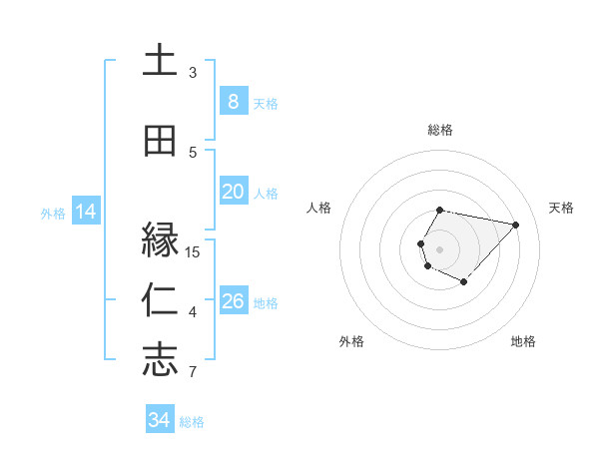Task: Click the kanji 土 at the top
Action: click(160, 60)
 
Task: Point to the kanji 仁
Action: click(160, 300)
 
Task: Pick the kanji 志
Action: click(160, 360)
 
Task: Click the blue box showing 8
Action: click(233, 102)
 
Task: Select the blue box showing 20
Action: click(233, 192)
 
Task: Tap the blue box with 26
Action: click(233, 301)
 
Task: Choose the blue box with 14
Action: click(85, 212)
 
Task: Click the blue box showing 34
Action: click(159, 420)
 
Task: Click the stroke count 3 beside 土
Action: click(193, 73)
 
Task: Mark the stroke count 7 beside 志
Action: click(193, 373)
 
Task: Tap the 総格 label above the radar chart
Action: click(440, 130)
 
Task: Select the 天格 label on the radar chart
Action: click(561, 208)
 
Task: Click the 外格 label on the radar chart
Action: click(351, 341)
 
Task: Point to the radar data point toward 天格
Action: click(515, 225)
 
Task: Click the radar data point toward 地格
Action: click(464, 282)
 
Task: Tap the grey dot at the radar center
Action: click(439, 248)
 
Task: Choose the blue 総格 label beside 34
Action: click(192, 422)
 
